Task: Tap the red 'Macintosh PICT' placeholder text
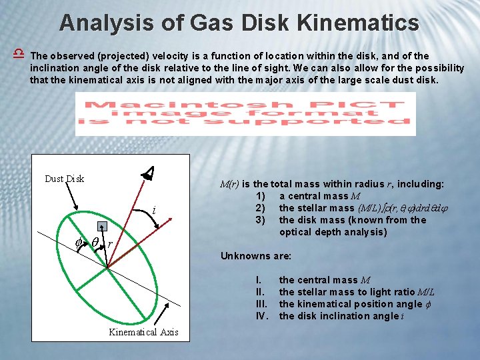click(x=245, y=113)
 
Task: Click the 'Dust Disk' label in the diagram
click(x=65, y=179)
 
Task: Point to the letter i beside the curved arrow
click(x=154, y=211)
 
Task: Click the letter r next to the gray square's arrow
click(x=109, y=245)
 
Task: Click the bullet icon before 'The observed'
click(x=18, y=54)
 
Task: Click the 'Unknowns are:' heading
click(x=253, y=256)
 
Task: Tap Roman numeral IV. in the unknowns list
click(x=262, y=316)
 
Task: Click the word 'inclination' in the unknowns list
click(x=365, y=316)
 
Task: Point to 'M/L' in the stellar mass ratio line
click(x=426, y=292)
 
